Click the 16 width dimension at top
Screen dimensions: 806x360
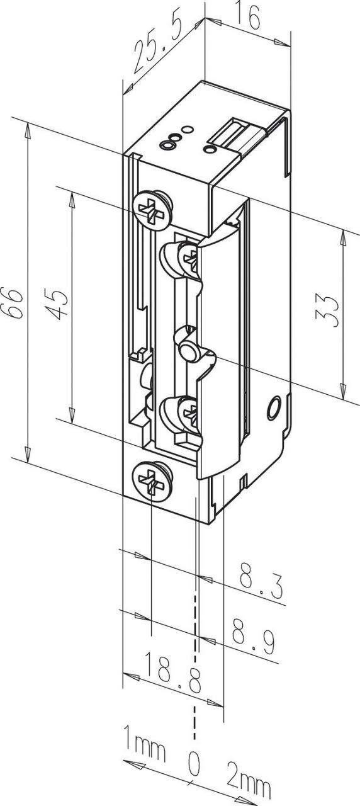(249, 18)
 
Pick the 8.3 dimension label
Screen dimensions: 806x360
(259, 582)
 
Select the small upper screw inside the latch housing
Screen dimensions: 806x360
(189, 258)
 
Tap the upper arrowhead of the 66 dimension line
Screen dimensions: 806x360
(28, 129)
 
